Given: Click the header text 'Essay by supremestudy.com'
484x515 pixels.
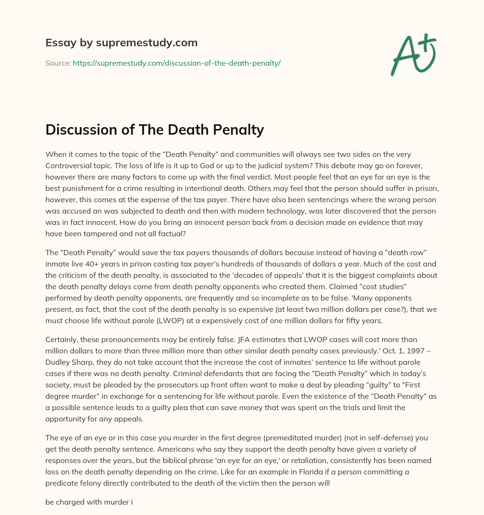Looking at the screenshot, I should click(121, 43).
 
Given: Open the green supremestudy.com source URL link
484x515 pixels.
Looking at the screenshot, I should click(176, 63).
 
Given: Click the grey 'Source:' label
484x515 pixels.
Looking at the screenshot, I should click(58, 63).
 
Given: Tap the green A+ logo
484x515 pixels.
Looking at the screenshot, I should click(412, 54).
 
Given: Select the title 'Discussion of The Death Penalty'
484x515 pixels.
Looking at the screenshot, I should click(155, 129).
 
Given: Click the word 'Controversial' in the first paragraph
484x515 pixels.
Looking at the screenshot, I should click(69, 166).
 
